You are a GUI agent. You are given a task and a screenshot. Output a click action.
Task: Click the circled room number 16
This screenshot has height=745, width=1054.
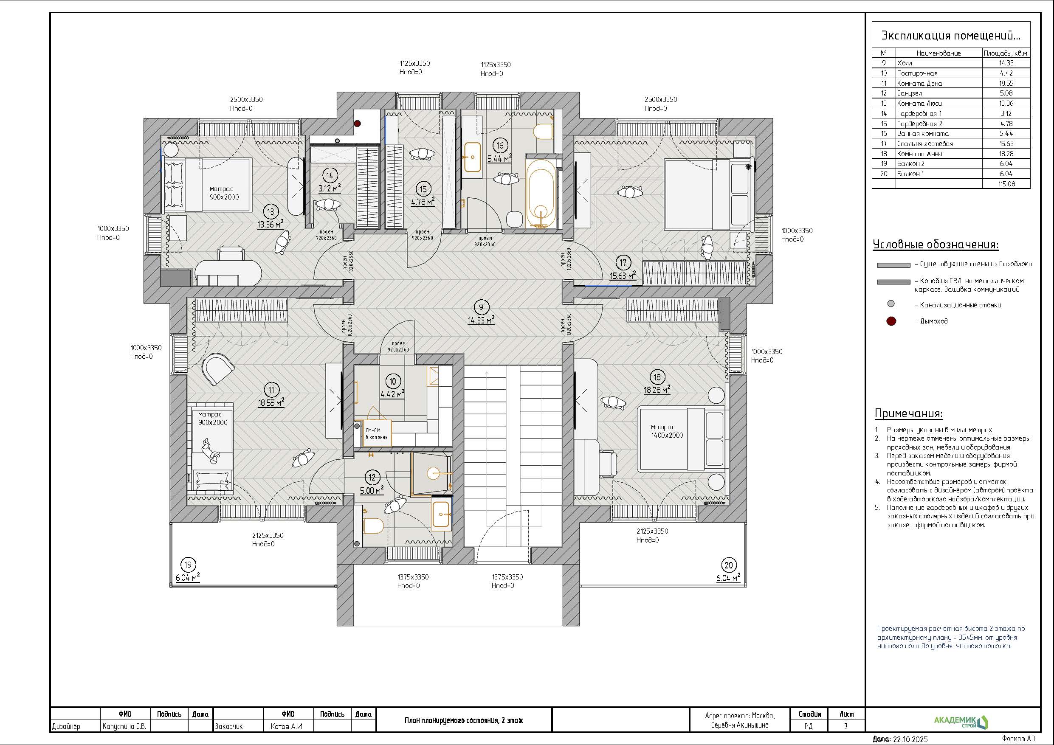(x=499, y=146)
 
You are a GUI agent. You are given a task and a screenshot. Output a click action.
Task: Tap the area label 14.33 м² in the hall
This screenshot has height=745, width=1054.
(x=481, y=320)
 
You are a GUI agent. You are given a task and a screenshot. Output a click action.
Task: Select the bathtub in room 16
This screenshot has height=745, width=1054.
(x=542, y=193)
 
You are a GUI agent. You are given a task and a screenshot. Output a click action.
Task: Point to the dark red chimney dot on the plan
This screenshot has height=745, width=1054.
(x=358, y=123)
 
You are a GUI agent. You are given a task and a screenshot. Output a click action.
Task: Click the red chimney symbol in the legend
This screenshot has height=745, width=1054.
(x=891, y=321)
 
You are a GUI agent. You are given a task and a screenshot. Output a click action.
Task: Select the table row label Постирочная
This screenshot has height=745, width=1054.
(x=917, y=73)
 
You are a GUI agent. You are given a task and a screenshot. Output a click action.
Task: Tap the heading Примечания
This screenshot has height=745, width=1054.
(x=908, y=413)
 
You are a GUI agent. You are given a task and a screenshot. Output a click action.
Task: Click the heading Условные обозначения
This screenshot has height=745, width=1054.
(x=936, y=245)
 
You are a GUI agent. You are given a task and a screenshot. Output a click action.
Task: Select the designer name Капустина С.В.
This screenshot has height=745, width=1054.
(x=125, y=727)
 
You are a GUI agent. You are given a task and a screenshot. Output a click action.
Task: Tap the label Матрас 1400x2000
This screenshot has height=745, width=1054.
(x=667, y=431)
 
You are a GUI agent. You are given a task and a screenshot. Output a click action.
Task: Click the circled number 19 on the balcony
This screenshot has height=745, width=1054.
(x=187, y=565)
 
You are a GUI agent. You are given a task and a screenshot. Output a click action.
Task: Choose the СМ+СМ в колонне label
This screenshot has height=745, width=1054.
(x=376, y=433)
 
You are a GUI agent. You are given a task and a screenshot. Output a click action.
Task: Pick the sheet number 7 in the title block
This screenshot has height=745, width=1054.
(x=845, y=726)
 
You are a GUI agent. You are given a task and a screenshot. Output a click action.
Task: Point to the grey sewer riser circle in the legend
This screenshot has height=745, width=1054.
(x=891, y=304)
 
